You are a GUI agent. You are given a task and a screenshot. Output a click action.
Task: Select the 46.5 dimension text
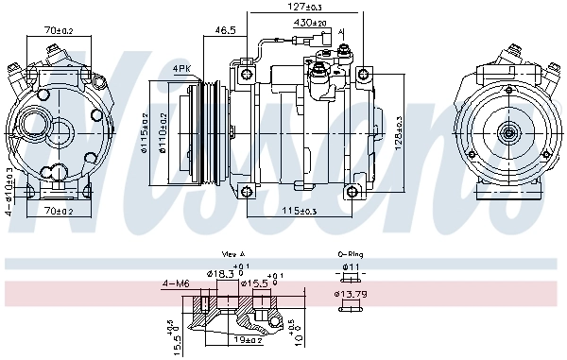point(225,31)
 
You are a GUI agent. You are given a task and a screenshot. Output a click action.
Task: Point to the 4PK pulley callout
point(181,69)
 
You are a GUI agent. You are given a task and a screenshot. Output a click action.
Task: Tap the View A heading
point(233,255)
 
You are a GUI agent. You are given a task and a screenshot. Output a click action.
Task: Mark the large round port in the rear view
point(39,128)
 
